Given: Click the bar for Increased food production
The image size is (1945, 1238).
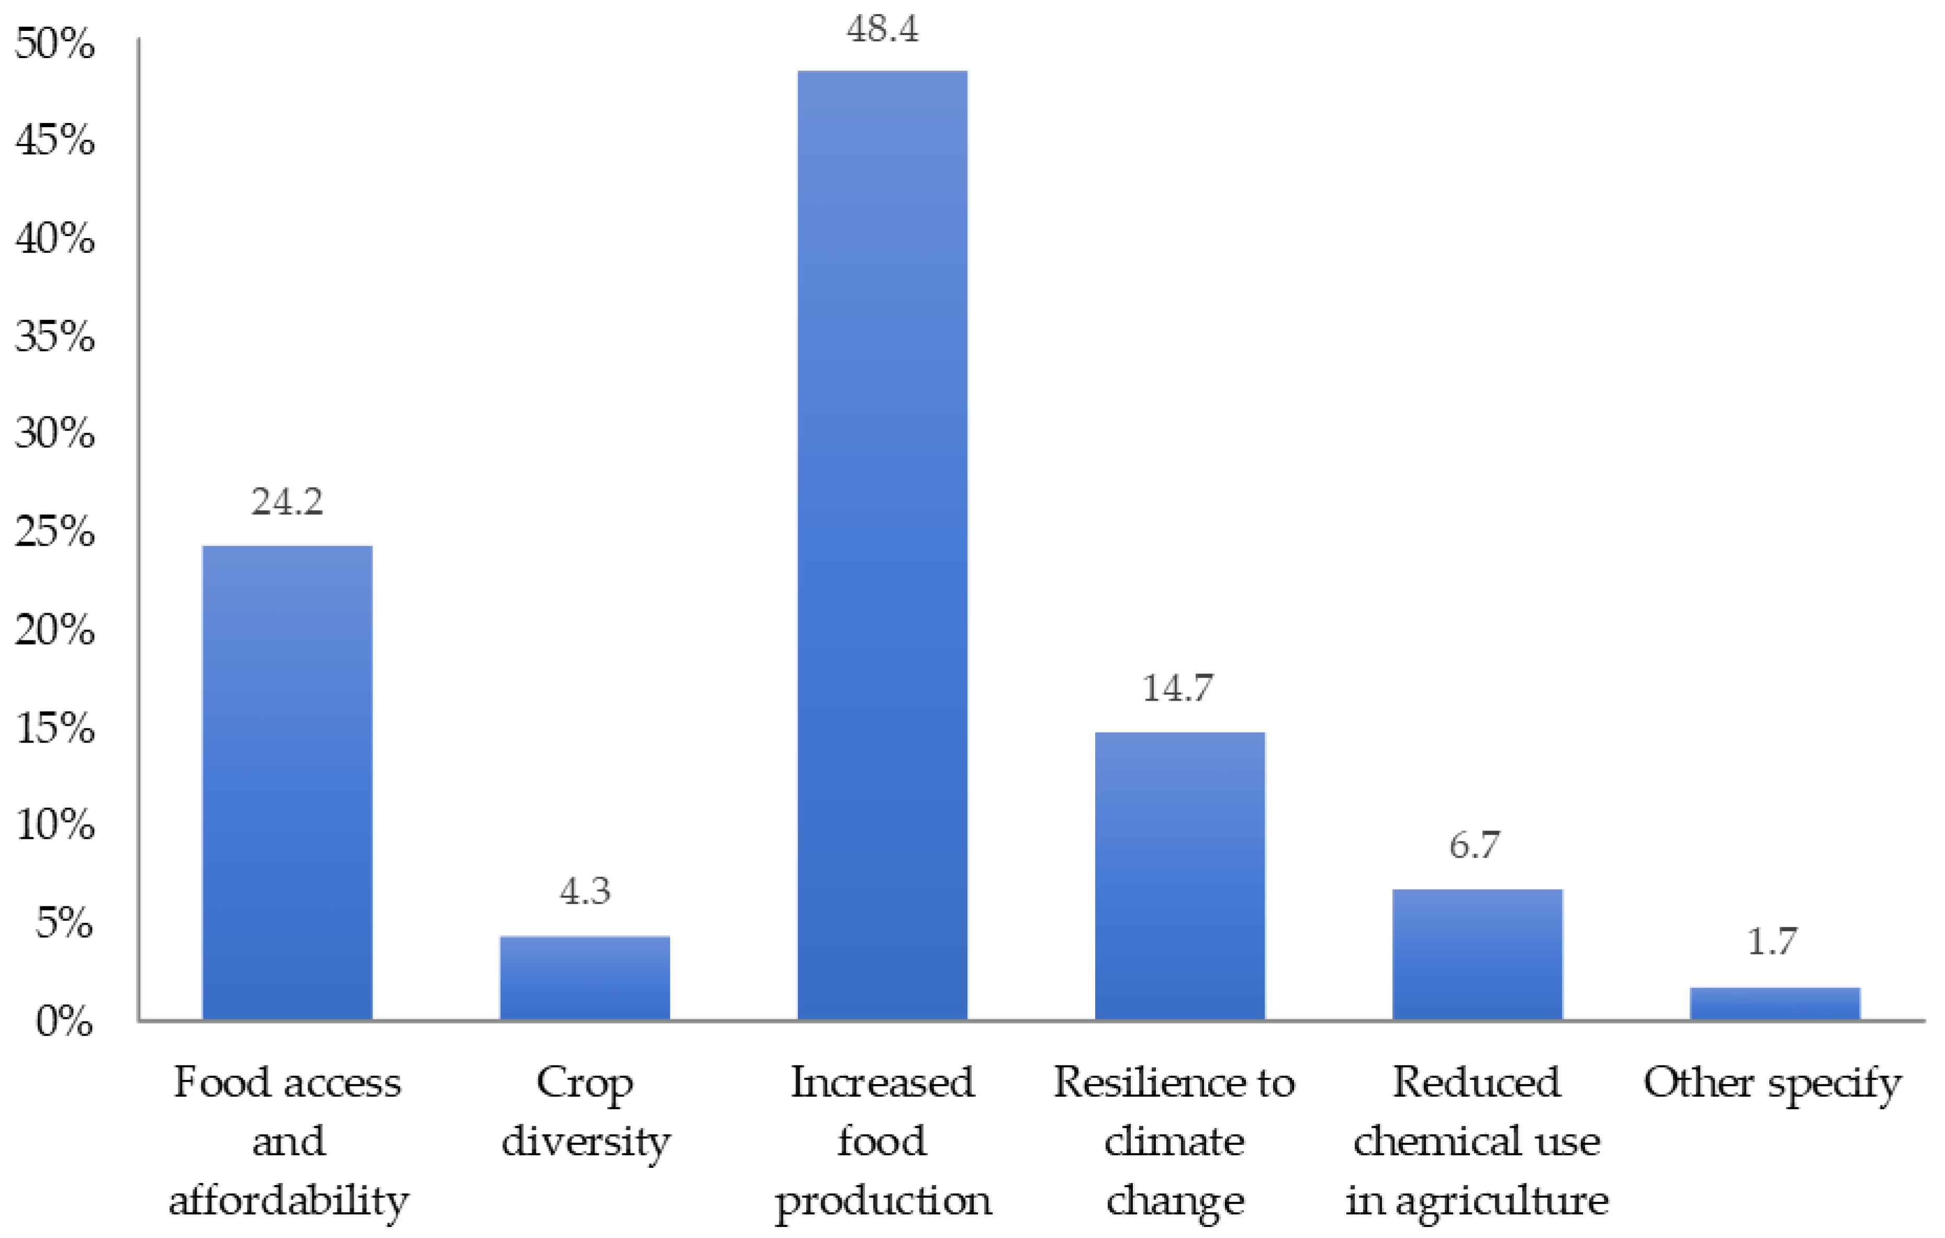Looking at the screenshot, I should pyautogui.click(x=882, y=545).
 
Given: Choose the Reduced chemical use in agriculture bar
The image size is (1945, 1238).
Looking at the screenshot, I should pyautogui.click(x=1477, y=954).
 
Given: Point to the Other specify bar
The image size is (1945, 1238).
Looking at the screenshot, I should pyautogui.click(x=1774, y=1003).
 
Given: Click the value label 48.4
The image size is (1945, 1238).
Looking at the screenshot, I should pyautogui.click(x=882, y=29).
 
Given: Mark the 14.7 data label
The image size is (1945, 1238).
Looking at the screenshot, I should pyautogui.click(x=1178, y=688).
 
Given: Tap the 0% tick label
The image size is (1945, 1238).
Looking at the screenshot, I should pyautogui.click(x=64, y=1021).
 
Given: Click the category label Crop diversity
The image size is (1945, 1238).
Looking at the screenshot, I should pyautogui.click(x=585, y=1112).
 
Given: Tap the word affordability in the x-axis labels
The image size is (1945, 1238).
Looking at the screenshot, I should pyautogui.click(x=288, y=1200).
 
